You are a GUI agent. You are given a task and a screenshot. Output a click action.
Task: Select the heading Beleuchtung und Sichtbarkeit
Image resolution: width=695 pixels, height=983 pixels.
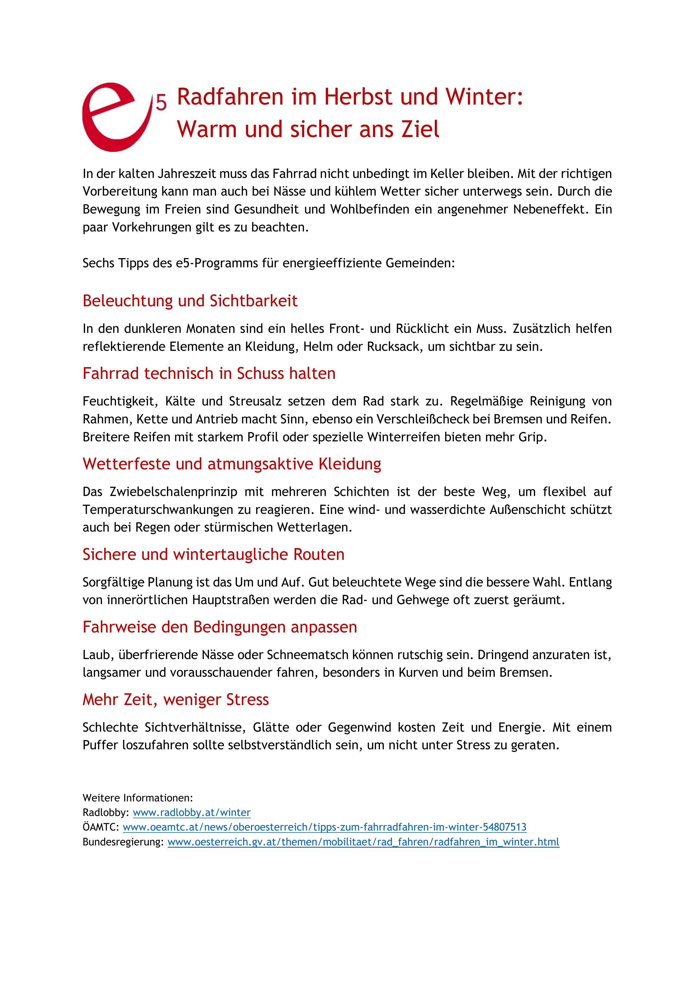pyautogui.click(x=190, y=301)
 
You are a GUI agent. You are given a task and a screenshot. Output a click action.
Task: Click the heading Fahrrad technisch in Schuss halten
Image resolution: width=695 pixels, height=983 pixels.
pyautogui.click(x=209, y=373)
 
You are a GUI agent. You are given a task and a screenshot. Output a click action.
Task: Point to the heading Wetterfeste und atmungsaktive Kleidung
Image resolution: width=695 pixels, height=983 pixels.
pyautogui.click(x=231, y=464)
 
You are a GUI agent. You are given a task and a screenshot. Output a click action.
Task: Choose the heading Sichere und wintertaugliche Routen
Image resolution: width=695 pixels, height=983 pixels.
pyautogui.click(x=213, y=555)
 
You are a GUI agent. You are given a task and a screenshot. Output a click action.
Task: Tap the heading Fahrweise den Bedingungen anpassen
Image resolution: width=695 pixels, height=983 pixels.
pyautogui.click(x=220, y=627)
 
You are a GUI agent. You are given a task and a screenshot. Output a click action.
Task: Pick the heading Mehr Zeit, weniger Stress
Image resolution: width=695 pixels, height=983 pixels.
pyautogui.click(x=175, y=700)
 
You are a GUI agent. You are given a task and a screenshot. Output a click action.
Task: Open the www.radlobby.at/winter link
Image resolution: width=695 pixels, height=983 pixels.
pyautogui.click(x=191, y=813)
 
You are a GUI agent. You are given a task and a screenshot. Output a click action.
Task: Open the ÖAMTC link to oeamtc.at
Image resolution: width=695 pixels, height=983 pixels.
pyautogui.click(x=324, y=827)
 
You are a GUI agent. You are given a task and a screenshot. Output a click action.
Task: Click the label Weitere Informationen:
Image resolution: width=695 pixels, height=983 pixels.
pyautogui.click(x=137, y=798)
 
